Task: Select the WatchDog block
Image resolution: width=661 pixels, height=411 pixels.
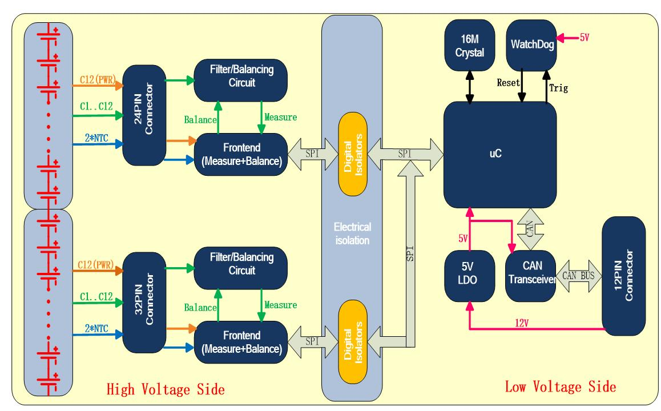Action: click(531, 44)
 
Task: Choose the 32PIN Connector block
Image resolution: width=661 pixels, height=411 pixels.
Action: click(145, 301)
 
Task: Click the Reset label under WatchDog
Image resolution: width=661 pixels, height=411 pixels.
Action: click(508, 83)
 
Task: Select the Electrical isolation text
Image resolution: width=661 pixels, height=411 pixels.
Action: click(352, 233)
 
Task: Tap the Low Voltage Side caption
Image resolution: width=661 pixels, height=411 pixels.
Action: click(561, 387)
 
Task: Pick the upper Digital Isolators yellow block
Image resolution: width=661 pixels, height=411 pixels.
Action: click(352, 154)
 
